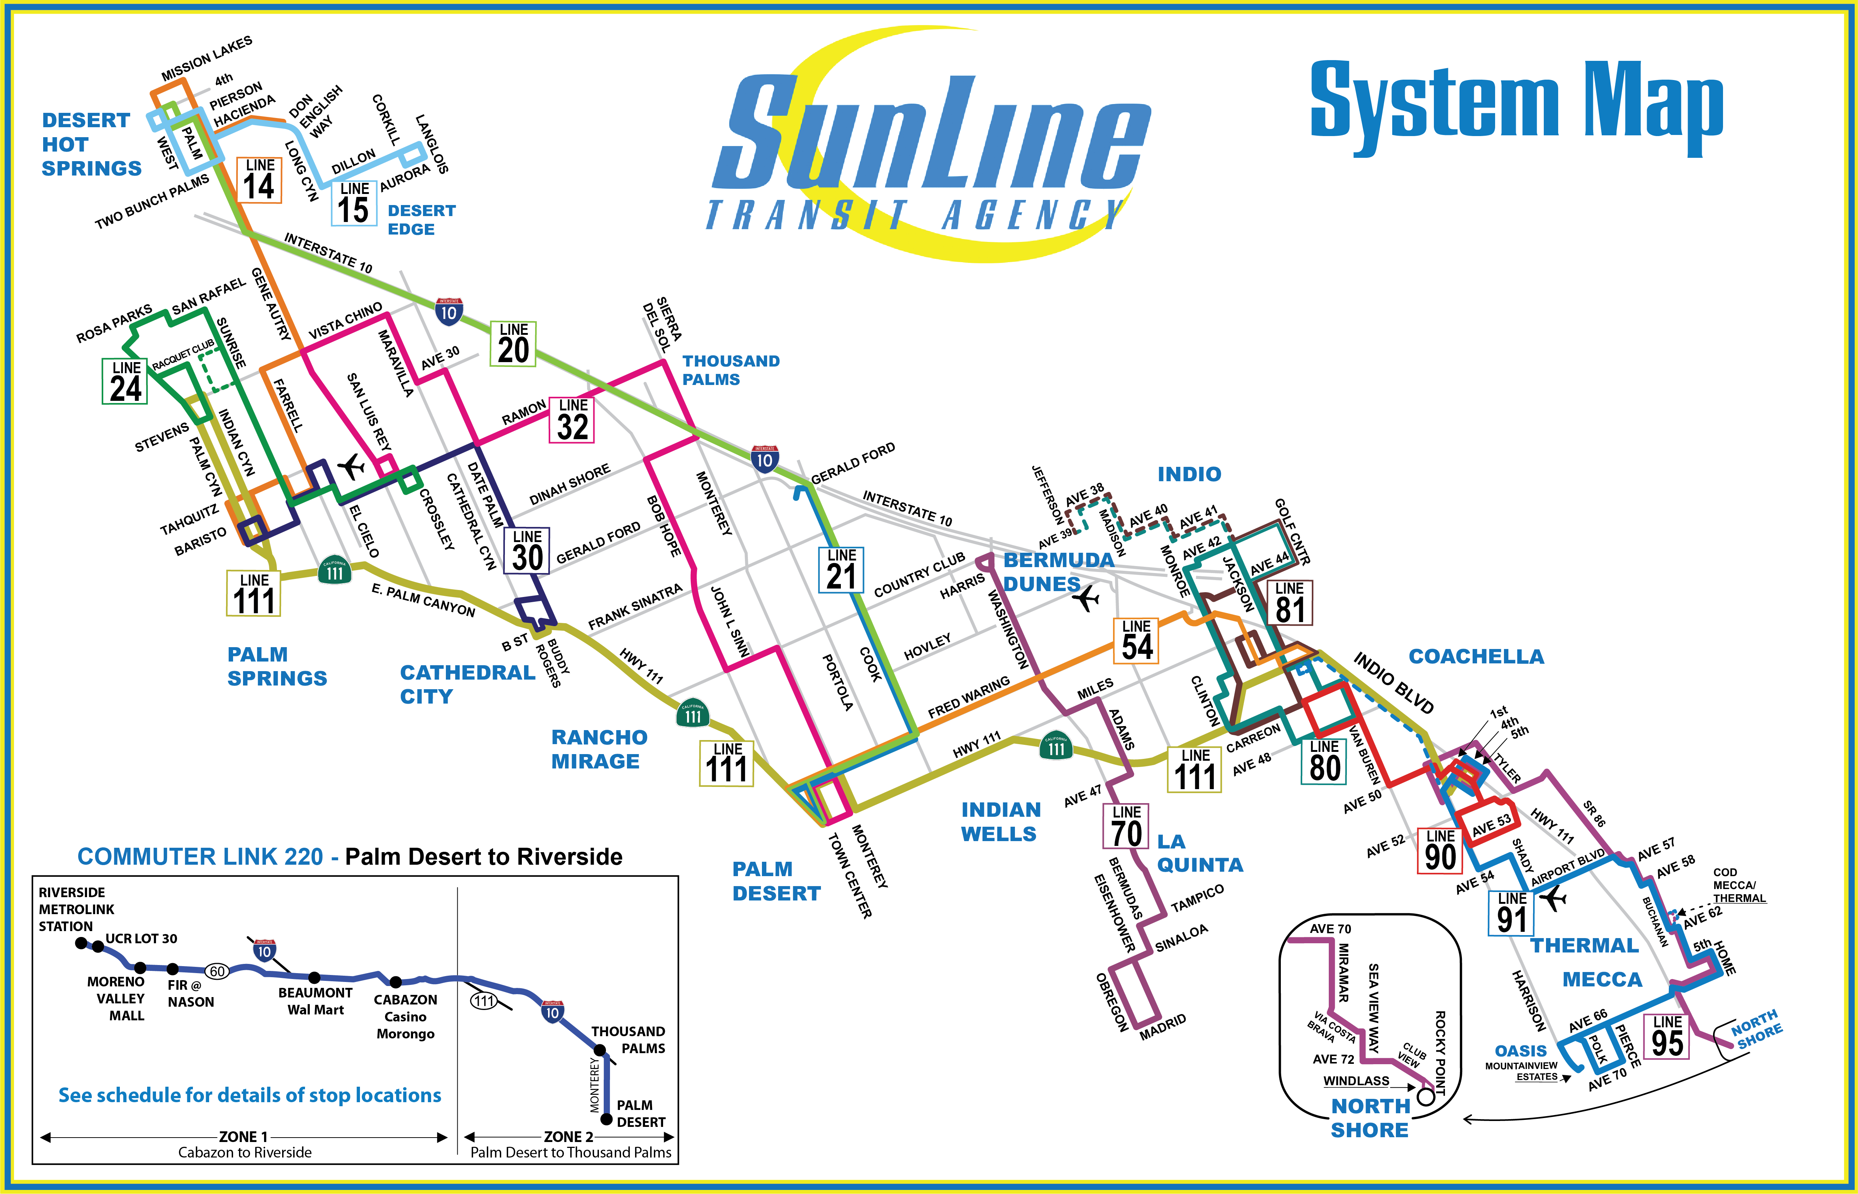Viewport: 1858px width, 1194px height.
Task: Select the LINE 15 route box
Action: point(354,203)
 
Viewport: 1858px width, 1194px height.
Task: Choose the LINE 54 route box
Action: point(1137,641)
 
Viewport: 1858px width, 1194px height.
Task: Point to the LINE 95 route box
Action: point(1667,1036)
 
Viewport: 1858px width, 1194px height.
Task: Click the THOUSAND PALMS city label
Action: point(731,370)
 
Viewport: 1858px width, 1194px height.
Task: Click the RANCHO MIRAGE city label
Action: point(599,749)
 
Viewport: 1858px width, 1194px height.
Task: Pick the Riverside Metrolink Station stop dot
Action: point(81,943)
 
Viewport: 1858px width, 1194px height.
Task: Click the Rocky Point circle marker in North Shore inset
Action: point(1425,1097)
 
